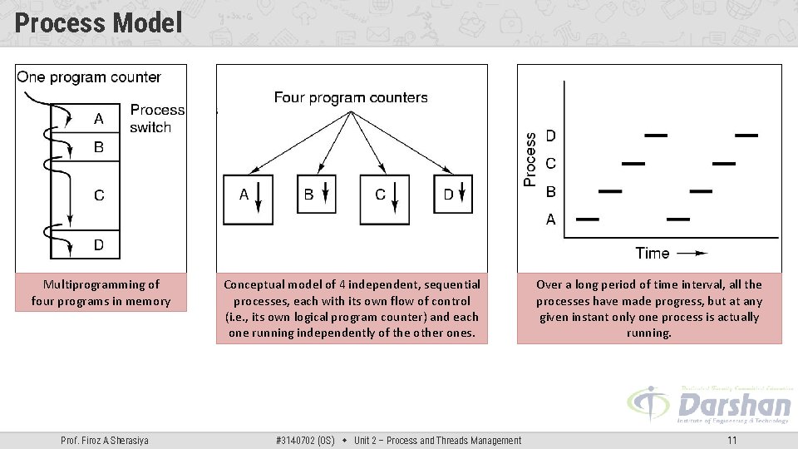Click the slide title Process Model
98,22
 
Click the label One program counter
89,77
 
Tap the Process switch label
156,118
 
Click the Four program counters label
351,98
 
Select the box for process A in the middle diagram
248,200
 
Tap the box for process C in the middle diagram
384,200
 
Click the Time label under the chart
653,253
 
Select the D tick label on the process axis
551,135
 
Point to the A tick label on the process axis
551,220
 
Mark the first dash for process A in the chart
588,220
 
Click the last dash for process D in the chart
746,135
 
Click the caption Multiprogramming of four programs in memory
101,293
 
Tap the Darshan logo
710,406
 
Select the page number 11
731,440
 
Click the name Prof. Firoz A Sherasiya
105,440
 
